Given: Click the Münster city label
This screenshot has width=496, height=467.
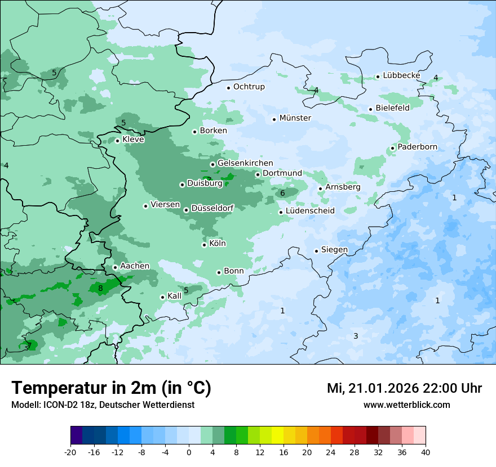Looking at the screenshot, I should (x=295, y=118).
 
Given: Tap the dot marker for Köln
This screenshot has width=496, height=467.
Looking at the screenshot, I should (x=204, y=245).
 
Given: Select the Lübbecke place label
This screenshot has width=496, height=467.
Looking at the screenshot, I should (x=401, y=75).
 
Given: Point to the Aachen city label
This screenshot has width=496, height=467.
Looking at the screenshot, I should (x=135, y=266).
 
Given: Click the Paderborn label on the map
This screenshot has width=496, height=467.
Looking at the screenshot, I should (x=417, y=147).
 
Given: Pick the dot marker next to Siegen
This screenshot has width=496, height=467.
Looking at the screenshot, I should (x=316, y=251).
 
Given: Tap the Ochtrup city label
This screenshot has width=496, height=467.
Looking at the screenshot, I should (x=249, y=87).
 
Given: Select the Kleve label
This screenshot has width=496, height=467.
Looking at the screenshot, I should (x=133, y=140).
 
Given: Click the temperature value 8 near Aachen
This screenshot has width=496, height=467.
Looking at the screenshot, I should (x=100, y=289).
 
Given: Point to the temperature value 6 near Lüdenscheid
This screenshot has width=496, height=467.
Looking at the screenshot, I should (x=282, y=194).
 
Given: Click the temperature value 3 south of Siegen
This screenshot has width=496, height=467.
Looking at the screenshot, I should (x=356, y=336).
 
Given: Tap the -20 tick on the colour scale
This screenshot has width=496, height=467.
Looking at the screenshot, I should (x=70, y=452).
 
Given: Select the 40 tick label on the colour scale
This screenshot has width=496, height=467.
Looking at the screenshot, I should (x=426, y=452).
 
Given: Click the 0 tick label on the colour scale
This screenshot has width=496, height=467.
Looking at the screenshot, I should (x=189, y=452).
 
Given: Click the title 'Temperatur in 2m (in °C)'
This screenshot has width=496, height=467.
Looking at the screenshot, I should (x=111, y=388).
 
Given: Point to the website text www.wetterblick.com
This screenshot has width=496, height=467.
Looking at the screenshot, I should (x=406, y=405).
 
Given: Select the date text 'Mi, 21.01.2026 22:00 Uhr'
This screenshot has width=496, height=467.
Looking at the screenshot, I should (x=404, y=388).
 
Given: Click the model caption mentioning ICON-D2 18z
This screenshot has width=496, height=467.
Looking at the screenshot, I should (x=103, y=405).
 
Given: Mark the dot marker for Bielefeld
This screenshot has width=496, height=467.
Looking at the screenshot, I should (x=370, y=109).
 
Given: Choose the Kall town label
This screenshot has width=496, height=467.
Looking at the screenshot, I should (x=174, y=296).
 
